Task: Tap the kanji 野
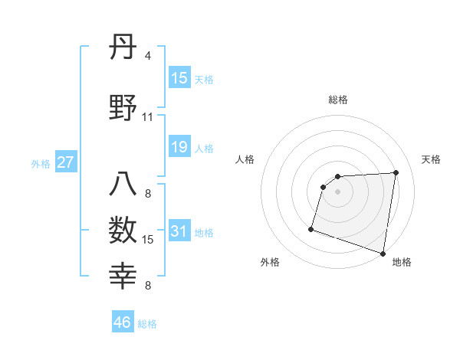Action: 123,109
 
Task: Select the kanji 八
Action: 123,186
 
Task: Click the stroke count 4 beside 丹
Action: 148,57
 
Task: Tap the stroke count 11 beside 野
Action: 147,117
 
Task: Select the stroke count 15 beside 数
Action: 148,240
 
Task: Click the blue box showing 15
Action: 179,78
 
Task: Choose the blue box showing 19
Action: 179,147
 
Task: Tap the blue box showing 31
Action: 179,231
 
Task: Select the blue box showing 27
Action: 66,162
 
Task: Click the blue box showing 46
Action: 123,322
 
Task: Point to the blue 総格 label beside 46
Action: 147,324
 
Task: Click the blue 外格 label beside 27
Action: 41,164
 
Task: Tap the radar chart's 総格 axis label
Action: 338,100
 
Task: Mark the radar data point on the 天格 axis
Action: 396,172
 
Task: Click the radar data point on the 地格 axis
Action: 383,254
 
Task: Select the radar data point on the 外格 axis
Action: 311,228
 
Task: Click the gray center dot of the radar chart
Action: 338,191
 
